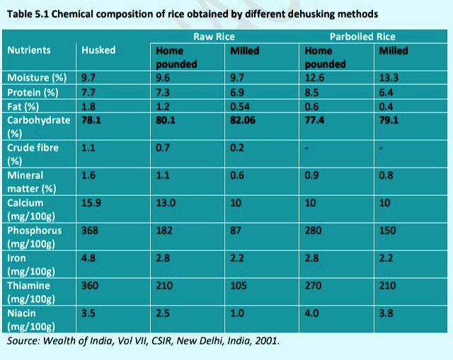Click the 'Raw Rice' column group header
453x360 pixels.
point(214,36)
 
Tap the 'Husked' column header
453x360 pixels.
point(98,50)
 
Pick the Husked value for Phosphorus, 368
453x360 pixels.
point(89,231)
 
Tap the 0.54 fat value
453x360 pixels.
point(239,107)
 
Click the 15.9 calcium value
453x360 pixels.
point(91,202)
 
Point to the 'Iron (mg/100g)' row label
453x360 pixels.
point(33,265)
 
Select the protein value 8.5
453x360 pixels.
point(310,93)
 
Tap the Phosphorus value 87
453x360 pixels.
point(236,231)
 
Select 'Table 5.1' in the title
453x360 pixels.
point(28,13)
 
